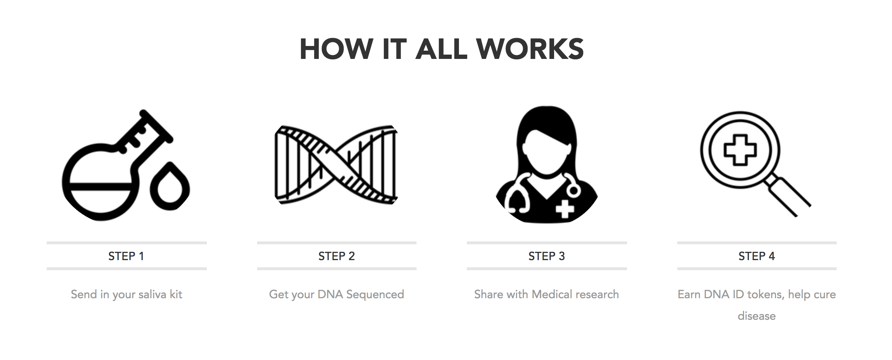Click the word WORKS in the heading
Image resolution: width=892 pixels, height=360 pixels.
coord(530,49)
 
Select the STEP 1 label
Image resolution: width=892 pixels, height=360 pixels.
coord(126,256)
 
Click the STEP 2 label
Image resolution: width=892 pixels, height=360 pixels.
coord(336,256)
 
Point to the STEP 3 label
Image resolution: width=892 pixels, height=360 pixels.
coord(547,256)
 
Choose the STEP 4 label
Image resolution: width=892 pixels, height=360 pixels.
coord(757,256)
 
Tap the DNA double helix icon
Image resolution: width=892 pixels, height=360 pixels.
coord(336,165)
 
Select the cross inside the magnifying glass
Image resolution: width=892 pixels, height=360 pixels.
coord(740,150)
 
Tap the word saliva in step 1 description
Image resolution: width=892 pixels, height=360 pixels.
coord(152,295)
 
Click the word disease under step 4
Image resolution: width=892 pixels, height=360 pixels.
coord(757,316)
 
